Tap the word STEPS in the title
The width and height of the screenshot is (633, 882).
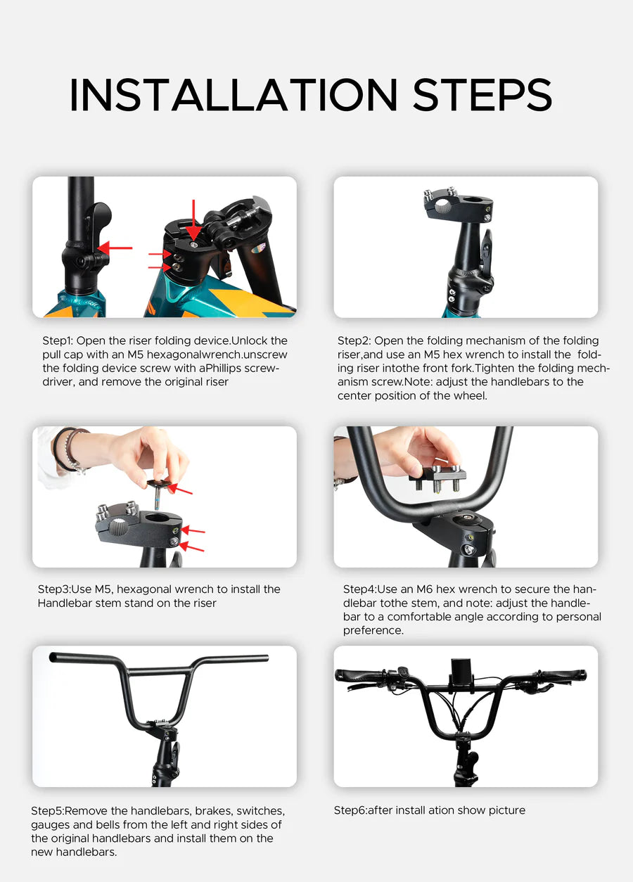(482, 95)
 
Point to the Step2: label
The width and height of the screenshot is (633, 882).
(354, 341)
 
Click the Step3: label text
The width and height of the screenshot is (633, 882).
(53, 589)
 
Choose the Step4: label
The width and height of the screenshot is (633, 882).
(359, 589)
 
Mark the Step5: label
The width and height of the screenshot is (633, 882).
(47, 811)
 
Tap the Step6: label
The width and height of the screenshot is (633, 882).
(350, 810)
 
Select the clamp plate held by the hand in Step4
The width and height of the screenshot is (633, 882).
(436, 478)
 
